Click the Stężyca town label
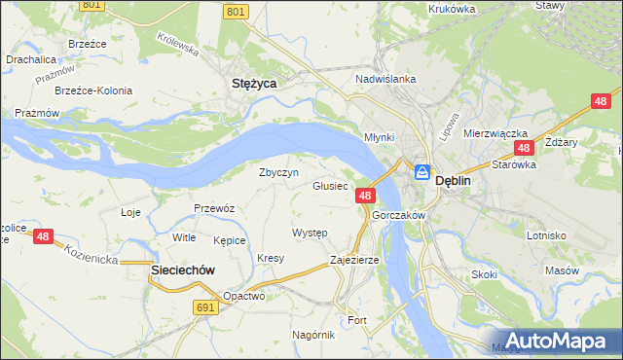coord(254,84)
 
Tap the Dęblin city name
coord(454,180)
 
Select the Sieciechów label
coord(182,270)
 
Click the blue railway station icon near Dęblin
coord(422,172)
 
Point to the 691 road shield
coord(203,306)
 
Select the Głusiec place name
coord(330,186)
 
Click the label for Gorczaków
coord(399,215)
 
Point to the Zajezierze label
coord(354,261)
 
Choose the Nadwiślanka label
coord(386,79)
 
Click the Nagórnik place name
coord(313,334)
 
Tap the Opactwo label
coord(243,296)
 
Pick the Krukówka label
coord(452,9)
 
